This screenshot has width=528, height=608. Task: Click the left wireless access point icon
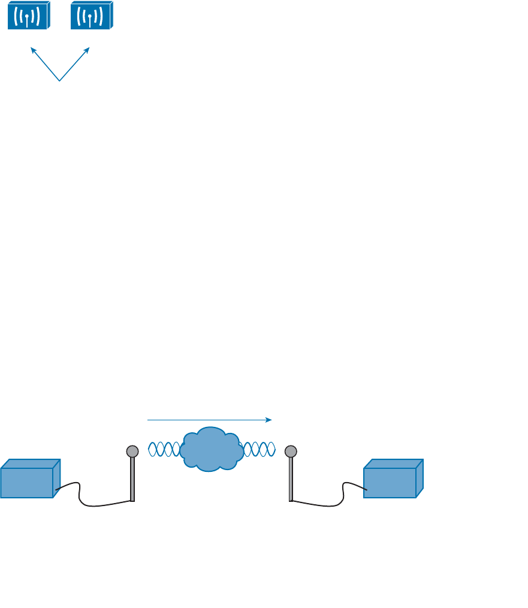[x=28, y=15]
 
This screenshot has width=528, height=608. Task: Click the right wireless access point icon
[x=91, y=15]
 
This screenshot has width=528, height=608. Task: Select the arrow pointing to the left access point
[x=45, y=64]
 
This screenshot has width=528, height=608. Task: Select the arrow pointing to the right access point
[x=75, y=64]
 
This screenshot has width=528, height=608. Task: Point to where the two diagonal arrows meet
[x=60, y=80]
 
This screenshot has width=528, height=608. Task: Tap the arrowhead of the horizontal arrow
[x=269, y=420]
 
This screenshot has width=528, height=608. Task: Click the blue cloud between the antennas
[x=211, y=449]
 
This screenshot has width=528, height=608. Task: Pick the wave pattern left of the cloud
[x=164, y=449]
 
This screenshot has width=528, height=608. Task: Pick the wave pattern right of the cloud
[x=260, y=449]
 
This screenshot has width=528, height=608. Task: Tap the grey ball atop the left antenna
[x=132, y=451]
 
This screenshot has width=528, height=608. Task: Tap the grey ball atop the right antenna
[x=291, y=451]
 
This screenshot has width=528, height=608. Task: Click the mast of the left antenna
[x=132, y=480]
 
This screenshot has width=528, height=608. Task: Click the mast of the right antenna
[x=291, y=480]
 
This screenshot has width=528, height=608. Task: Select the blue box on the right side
[x=392, y=480]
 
